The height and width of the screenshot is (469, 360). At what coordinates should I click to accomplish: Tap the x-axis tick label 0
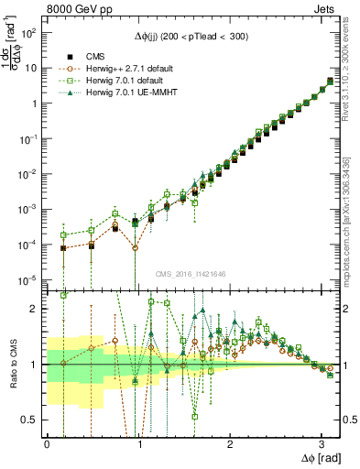47,443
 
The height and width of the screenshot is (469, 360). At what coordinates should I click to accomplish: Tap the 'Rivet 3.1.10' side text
352,82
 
